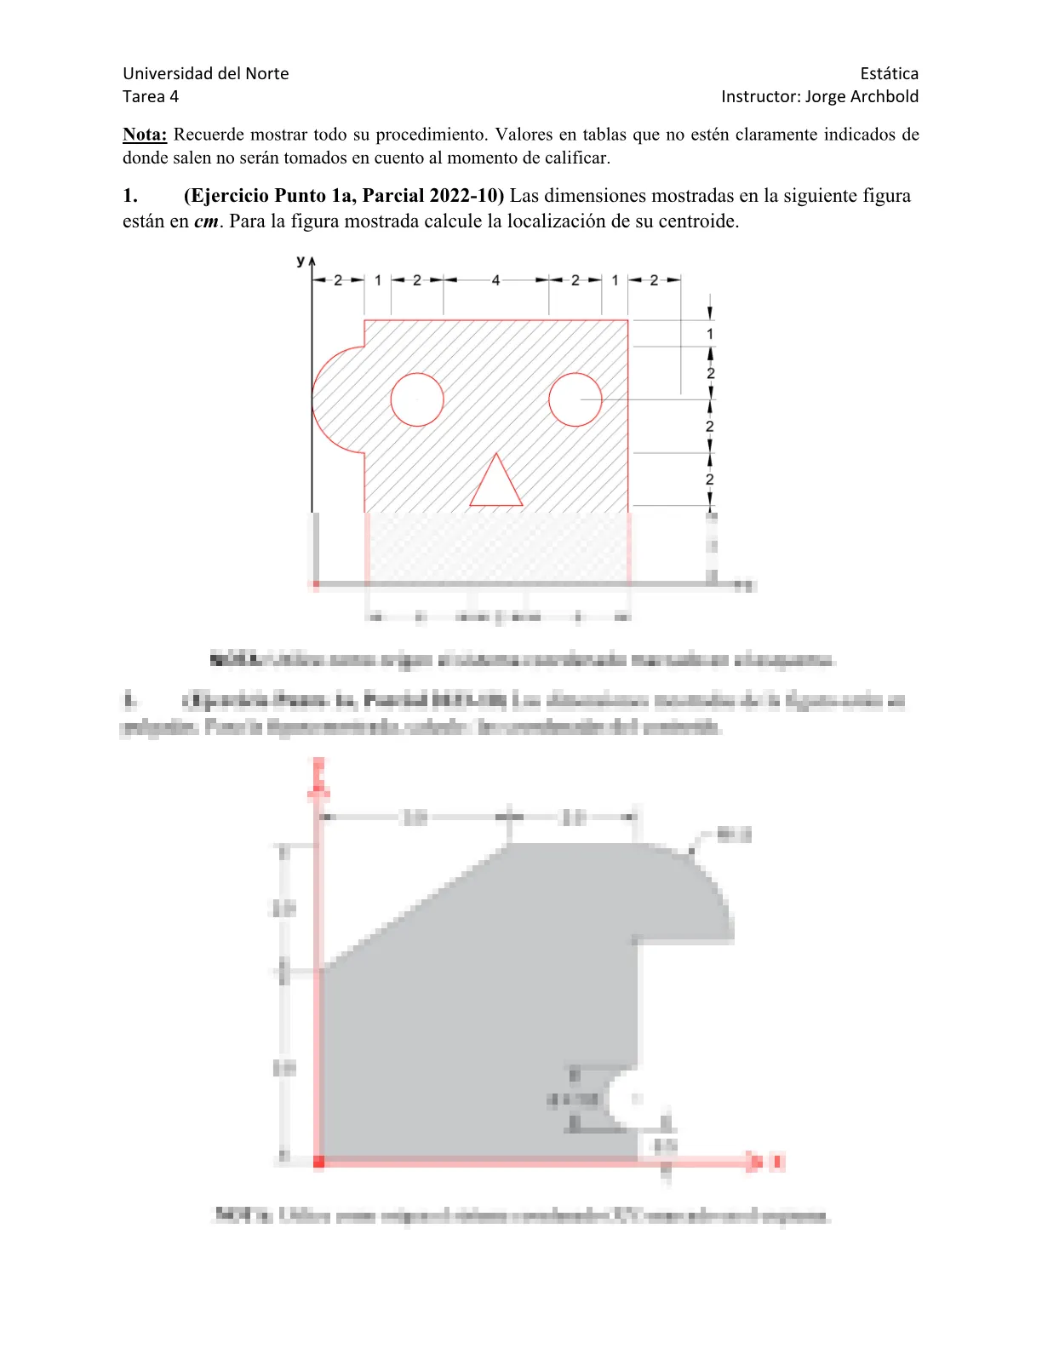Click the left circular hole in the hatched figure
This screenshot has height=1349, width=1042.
coord(417,399)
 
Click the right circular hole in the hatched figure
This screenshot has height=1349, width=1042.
coord(575,399)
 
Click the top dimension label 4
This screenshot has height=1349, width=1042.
coord(495,280)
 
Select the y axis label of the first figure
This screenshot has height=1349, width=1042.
coord(301,261)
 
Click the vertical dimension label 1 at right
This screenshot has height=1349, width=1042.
coord(710,334)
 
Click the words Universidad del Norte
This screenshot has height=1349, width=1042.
coord(206,73)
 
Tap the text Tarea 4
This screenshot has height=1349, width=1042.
coord(151,96)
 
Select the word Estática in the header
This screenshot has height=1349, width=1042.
coord(889,73)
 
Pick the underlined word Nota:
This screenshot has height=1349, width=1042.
coord(145,135)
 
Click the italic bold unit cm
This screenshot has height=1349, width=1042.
coord(206,221)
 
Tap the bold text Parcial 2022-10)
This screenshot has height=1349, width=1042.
coord(432,196)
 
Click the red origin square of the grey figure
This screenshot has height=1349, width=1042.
coord(319,1162)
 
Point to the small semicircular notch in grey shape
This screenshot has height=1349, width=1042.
coord(625,1099)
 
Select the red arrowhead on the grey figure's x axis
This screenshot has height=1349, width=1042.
coord(753,1162)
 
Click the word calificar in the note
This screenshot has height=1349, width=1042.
coord(578,158)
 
